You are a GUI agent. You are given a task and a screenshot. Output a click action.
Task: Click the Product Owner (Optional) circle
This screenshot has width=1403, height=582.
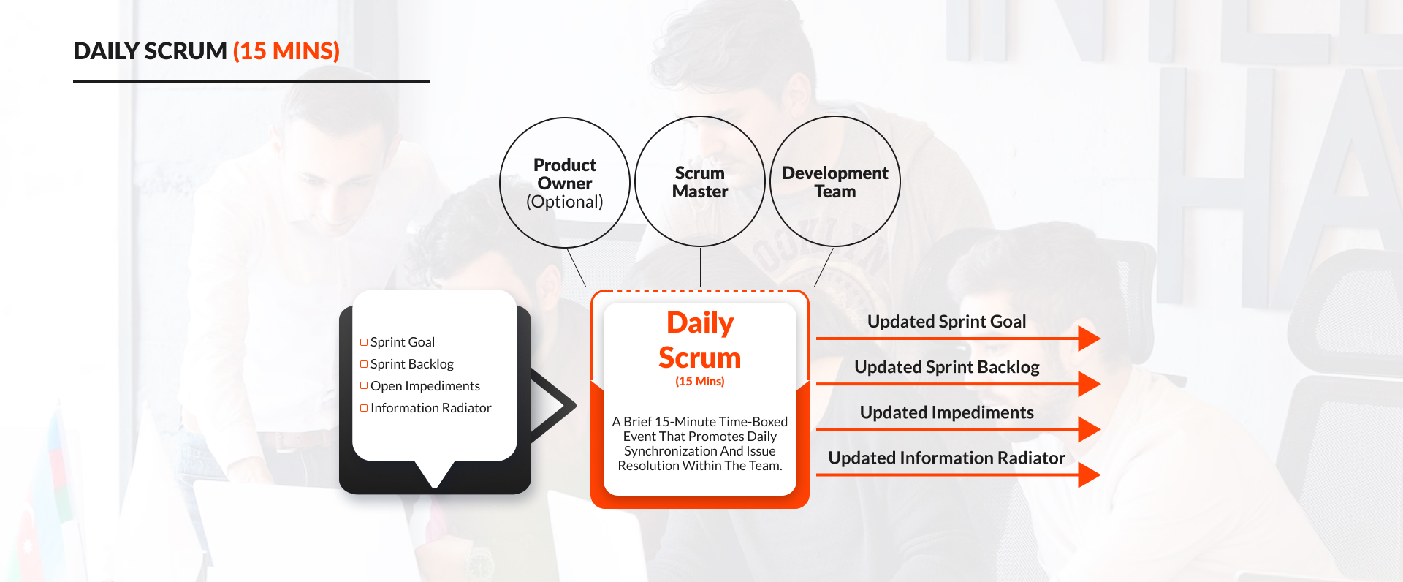click(x=565, y=183)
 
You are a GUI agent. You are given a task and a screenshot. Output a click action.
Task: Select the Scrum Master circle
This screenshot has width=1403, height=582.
click(x=700, y=182)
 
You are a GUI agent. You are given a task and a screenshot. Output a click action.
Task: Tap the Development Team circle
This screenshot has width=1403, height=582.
click(x=835, y=182)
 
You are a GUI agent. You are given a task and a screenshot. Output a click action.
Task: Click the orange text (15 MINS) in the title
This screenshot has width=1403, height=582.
click(x=286, y=51)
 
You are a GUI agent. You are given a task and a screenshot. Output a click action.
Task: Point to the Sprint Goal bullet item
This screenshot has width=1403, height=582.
click(x=402, y=342)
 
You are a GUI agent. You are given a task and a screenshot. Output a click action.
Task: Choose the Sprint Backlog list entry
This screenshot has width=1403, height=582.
click(x=411, y=364)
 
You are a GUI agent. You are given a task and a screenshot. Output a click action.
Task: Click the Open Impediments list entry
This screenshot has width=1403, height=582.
click(x=425, y=386)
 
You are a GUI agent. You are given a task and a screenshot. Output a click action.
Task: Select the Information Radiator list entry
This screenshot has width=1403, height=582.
click(x=430, y=408)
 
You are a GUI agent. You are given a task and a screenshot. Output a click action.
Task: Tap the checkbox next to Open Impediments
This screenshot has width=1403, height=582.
click(x=364, y=385)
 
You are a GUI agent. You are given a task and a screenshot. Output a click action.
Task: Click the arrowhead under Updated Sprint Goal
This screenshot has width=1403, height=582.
click(x=1088, y=339)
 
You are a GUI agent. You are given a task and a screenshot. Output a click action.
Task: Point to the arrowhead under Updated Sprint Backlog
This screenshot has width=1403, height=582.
click(x=1088, y=384)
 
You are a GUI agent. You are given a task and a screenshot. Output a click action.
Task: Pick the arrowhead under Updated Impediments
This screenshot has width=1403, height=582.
click(x=1088, y=429)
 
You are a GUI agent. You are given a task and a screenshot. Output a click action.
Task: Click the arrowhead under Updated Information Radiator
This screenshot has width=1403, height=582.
click(x=1088, y=475)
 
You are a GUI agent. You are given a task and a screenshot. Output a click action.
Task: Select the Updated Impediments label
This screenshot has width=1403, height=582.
click(x=946, y=412)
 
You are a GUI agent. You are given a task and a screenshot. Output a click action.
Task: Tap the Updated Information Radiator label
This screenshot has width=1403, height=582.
click(x=946, y=458)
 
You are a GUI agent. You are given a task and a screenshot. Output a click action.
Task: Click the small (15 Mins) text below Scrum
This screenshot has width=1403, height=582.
click(x=700, y=382)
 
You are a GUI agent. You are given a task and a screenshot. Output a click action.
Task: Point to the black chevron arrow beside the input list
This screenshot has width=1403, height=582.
click(x=555, y=405)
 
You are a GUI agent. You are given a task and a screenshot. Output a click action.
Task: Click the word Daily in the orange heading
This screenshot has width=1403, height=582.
click(x=700, y=323)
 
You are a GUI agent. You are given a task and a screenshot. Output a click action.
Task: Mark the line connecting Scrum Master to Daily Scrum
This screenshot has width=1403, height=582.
click(x=700, y=268)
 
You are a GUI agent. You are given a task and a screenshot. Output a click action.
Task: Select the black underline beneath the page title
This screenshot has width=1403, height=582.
click(x=251, y=82)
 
